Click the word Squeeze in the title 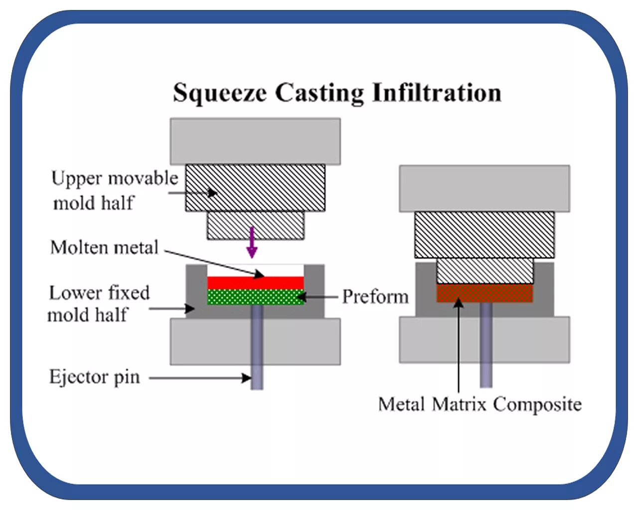pos(219,93)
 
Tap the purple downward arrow pos(252,242)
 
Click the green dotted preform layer pos(255,297)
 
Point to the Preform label pos(375,297)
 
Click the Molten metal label pos(104,248)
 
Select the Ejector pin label pos(94,377)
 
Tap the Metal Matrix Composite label pos(479,404)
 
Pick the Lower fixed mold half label pos(98,304)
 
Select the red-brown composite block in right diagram pos(484,293)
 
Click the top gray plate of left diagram pos(255,141)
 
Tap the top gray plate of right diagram pos(484,188)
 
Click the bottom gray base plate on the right pos(484,339)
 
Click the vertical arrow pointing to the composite pos(459,349)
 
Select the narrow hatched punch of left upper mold pos(255,225)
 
